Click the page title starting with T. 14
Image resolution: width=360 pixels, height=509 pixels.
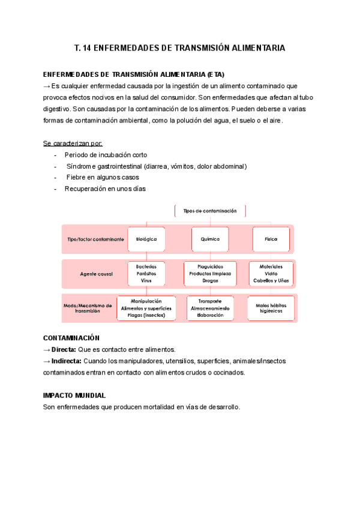[179, 47]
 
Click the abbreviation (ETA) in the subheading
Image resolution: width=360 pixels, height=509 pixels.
[214, 74]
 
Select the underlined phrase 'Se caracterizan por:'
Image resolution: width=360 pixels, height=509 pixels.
[73, 143]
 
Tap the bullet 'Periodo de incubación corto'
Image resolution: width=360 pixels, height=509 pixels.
[106, 155]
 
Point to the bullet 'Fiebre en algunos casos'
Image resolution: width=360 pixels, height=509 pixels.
[103, 178]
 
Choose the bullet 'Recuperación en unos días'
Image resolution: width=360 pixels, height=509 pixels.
[105, 188]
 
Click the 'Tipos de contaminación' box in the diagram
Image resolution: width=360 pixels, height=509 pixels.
[210, 211]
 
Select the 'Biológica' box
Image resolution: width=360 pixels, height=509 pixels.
[146, 239]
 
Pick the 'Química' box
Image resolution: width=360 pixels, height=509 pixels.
[210, 239]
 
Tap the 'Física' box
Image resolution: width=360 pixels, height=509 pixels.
[271, 239]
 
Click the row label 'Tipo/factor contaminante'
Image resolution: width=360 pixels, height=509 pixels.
[95, 239]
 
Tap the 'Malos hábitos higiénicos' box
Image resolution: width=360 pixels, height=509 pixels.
[271, 308]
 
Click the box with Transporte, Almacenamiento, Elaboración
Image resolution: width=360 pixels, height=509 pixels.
[210, 308]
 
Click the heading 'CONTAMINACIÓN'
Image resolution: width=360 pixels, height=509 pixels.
[71, 338]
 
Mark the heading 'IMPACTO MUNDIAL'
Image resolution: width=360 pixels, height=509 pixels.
[74, 396]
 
